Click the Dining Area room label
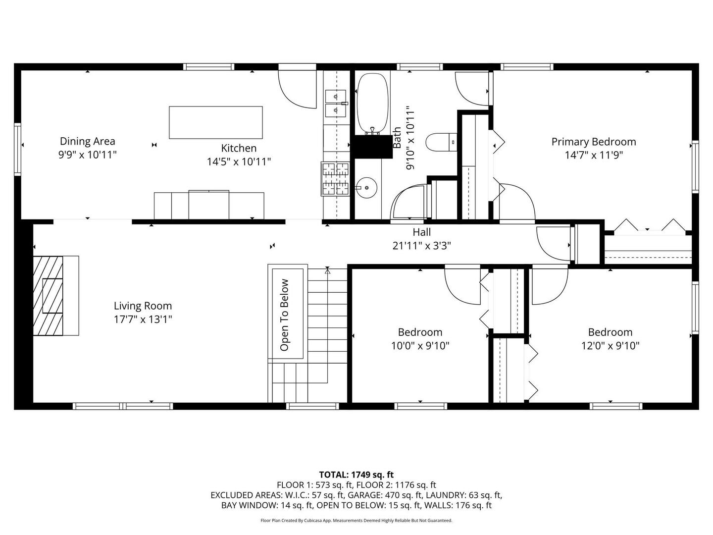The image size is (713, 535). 87,141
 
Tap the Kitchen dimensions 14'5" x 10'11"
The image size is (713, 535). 239,161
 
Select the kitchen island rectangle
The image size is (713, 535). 216,122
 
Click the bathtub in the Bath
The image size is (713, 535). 372,104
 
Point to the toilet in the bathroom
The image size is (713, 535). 441,142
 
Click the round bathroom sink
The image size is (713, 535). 366,187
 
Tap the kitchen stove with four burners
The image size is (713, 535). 335,179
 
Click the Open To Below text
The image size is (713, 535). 284,315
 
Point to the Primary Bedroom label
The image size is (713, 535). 594,142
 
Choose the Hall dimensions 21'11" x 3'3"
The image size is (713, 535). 422,246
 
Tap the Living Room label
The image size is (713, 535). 143,306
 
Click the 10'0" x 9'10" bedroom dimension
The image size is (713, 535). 420,346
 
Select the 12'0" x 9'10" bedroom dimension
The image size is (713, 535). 610,346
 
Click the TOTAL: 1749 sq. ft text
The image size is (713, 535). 356,475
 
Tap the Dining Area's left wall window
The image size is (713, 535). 17,149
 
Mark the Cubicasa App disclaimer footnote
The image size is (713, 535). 356,520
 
